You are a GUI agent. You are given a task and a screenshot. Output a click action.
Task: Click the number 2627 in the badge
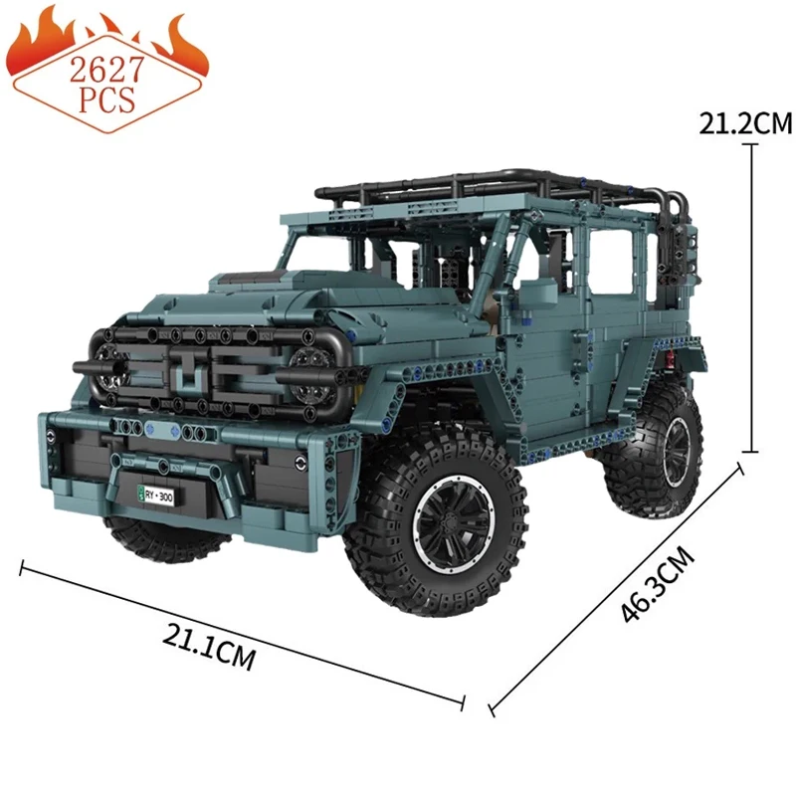[106, 70]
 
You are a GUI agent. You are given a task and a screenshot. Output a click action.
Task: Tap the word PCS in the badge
[107, 99]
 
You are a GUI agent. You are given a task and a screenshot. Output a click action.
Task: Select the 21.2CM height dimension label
[745, 123]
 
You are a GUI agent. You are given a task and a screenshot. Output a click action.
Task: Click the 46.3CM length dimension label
[658, 585]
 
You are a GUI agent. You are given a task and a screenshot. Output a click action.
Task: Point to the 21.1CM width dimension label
[209, 646]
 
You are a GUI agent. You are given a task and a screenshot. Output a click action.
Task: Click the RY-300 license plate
[156, 495]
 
